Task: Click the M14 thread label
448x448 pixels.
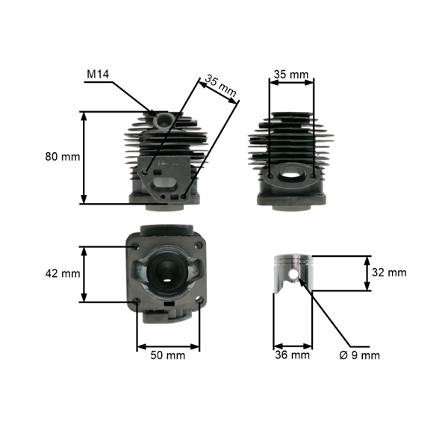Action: pos(98,74)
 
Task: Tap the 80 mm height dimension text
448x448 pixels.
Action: pos(63,157)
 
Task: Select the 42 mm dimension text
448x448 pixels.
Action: pos(63,273)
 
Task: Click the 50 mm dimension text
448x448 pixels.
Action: pos(168,355)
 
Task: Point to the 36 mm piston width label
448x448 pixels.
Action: pos(292,355)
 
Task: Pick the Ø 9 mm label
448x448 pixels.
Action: pos(360,355)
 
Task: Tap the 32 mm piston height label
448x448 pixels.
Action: pos(389,273)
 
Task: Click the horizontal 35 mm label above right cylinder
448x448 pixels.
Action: pos(291,74)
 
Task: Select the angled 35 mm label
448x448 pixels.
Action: pos(220,86)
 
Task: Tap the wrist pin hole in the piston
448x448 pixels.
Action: pos(293,274)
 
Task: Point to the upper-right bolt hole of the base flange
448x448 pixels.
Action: pos(198,246)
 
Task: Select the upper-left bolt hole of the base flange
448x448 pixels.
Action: pos(134,246)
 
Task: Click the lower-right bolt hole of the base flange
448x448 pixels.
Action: pos(200,300)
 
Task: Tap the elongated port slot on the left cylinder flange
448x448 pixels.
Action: pos(164,182)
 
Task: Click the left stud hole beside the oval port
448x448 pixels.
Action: pos(270,175)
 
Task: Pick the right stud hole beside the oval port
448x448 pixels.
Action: pos(314,175)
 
